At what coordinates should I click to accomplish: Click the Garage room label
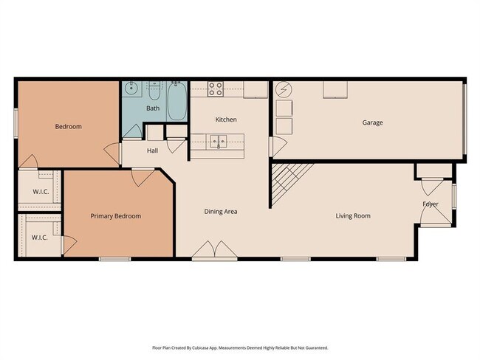click(372, 122)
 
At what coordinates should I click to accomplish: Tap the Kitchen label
click(226, 120)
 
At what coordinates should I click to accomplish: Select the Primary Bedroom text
click(116, 216)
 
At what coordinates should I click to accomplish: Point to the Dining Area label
click(221, 212)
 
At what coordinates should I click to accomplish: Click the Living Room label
click(353, 216)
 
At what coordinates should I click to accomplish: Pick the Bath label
click(153, 108)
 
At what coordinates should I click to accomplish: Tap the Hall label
click(152, 150)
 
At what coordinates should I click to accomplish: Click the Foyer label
click(431, 204)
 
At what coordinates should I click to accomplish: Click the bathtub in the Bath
click(177, 101)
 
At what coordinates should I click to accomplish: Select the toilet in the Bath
click(154, 91)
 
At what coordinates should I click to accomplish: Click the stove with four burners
click(216, 89)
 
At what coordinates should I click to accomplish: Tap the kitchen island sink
click(219, 142)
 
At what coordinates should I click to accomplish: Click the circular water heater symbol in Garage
click(284, 89)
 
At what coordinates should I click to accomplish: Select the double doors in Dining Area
click(215, 249)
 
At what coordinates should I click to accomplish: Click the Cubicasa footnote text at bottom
click(240, 347)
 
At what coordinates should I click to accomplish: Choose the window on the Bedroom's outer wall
click(16, 123)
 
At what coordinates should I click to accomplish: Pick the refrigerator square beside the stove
click(256, 89)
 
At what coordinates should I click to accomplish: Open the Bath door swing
click(132, 131)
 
